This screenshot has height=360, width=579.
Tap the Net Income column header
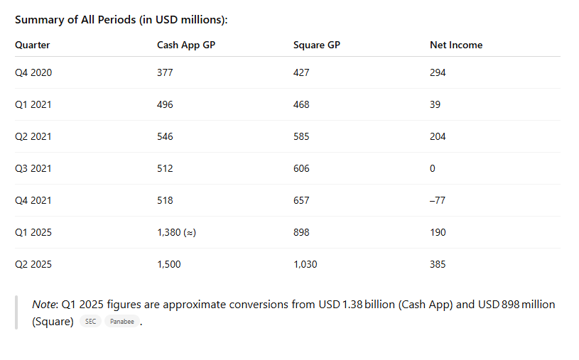tap(455, 45)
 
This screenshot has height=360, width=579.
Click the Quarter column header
tap(32, 45)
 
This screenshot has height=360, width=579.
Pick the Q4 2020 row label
tap(33, 72)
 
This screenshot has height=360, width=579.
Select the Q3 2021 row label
tap(33, 168)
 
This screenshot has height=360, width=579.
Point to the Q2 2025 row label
tap(33, 264)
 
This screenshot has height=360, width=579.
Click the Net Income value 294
tap(438, 72)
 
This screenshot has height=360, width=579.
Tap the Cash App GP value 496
tap(165, 104)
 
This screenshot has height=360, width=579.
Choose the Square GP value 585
tap(301, 136)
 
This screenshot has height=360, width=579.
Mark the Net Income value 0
tap(433, 168)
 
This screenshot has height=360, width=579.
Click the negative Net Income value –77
tap(438, 200)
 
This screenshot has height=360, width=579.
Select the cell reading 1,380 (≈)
tap(176, 232)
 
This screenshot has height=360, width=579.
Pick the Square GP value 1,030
tap(305, 264)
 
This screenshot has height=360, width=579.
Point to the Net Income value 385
tap(438, 264)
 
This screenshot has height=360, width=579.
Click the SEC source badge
tap(90, 322)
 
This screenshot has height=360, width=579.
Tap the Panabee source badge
tap(121, 322)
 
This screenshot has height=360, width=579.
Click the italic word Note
tap(45, 305)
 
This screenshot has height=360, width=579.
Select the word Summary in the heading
tap(39, 20)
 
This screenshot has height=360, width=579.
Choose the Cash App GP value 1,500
tap(168, 264)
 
